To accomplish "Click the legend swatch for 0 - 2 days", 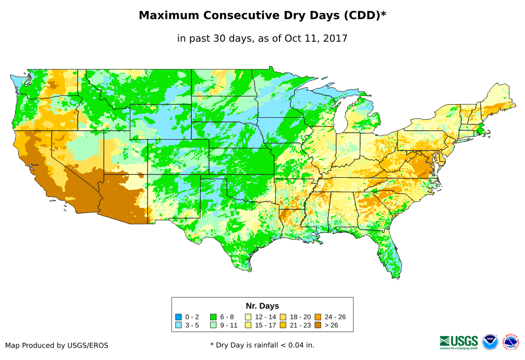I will point(179,317).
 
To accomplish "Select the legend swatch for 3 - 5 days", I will point(179,325).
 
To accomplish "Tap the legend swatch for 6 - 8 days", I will point(213,317).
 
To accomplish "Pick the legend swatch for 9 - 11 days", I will point(213,325).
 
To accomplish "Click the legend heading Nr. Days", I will point(262,306).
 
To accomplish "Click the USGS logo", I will point(459,342).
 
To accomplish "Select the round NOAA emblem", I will point(490,342).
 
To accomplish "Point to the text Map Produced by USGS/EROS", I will point(57,345).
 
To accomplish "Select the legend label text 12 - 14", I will point(265,317).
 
